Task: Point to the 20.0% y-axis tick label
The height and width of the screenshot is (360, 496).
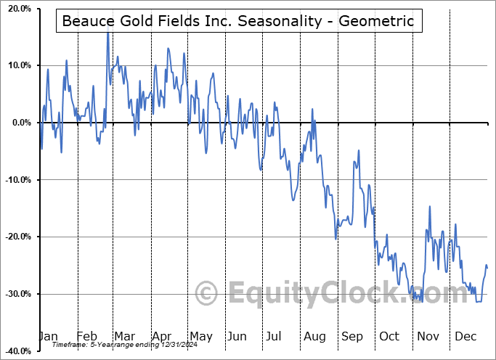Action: [x=16, y=9]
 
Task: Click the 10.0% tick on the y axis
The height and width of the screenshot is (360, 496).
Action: [x=16, y=65]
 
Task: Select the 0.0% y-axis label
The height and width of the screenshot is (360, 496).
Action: [x=19, y=123]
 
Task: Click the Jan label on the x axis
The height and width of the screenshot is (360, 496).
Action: [x=48, y=336]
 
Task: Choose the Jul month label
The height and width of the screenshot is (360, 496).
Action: [x=275, y=336]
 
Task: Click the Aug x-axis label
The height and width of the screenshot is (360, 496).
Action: [x=314, y=336]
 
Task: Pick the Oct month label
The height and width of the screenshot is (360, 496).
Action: [x=389, y=336]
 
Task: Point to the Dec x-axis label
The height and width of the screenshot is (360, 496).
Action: [x=465, y=336]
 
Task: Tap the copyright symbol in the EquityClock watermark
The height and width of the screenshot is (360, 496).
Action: [x=208, y=293]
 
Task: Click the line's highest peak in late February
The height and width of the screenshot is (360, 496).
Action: [x=107, y=32]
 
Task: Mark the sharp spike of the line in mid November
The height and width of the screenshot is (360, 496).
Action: [x=430, y=207]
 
